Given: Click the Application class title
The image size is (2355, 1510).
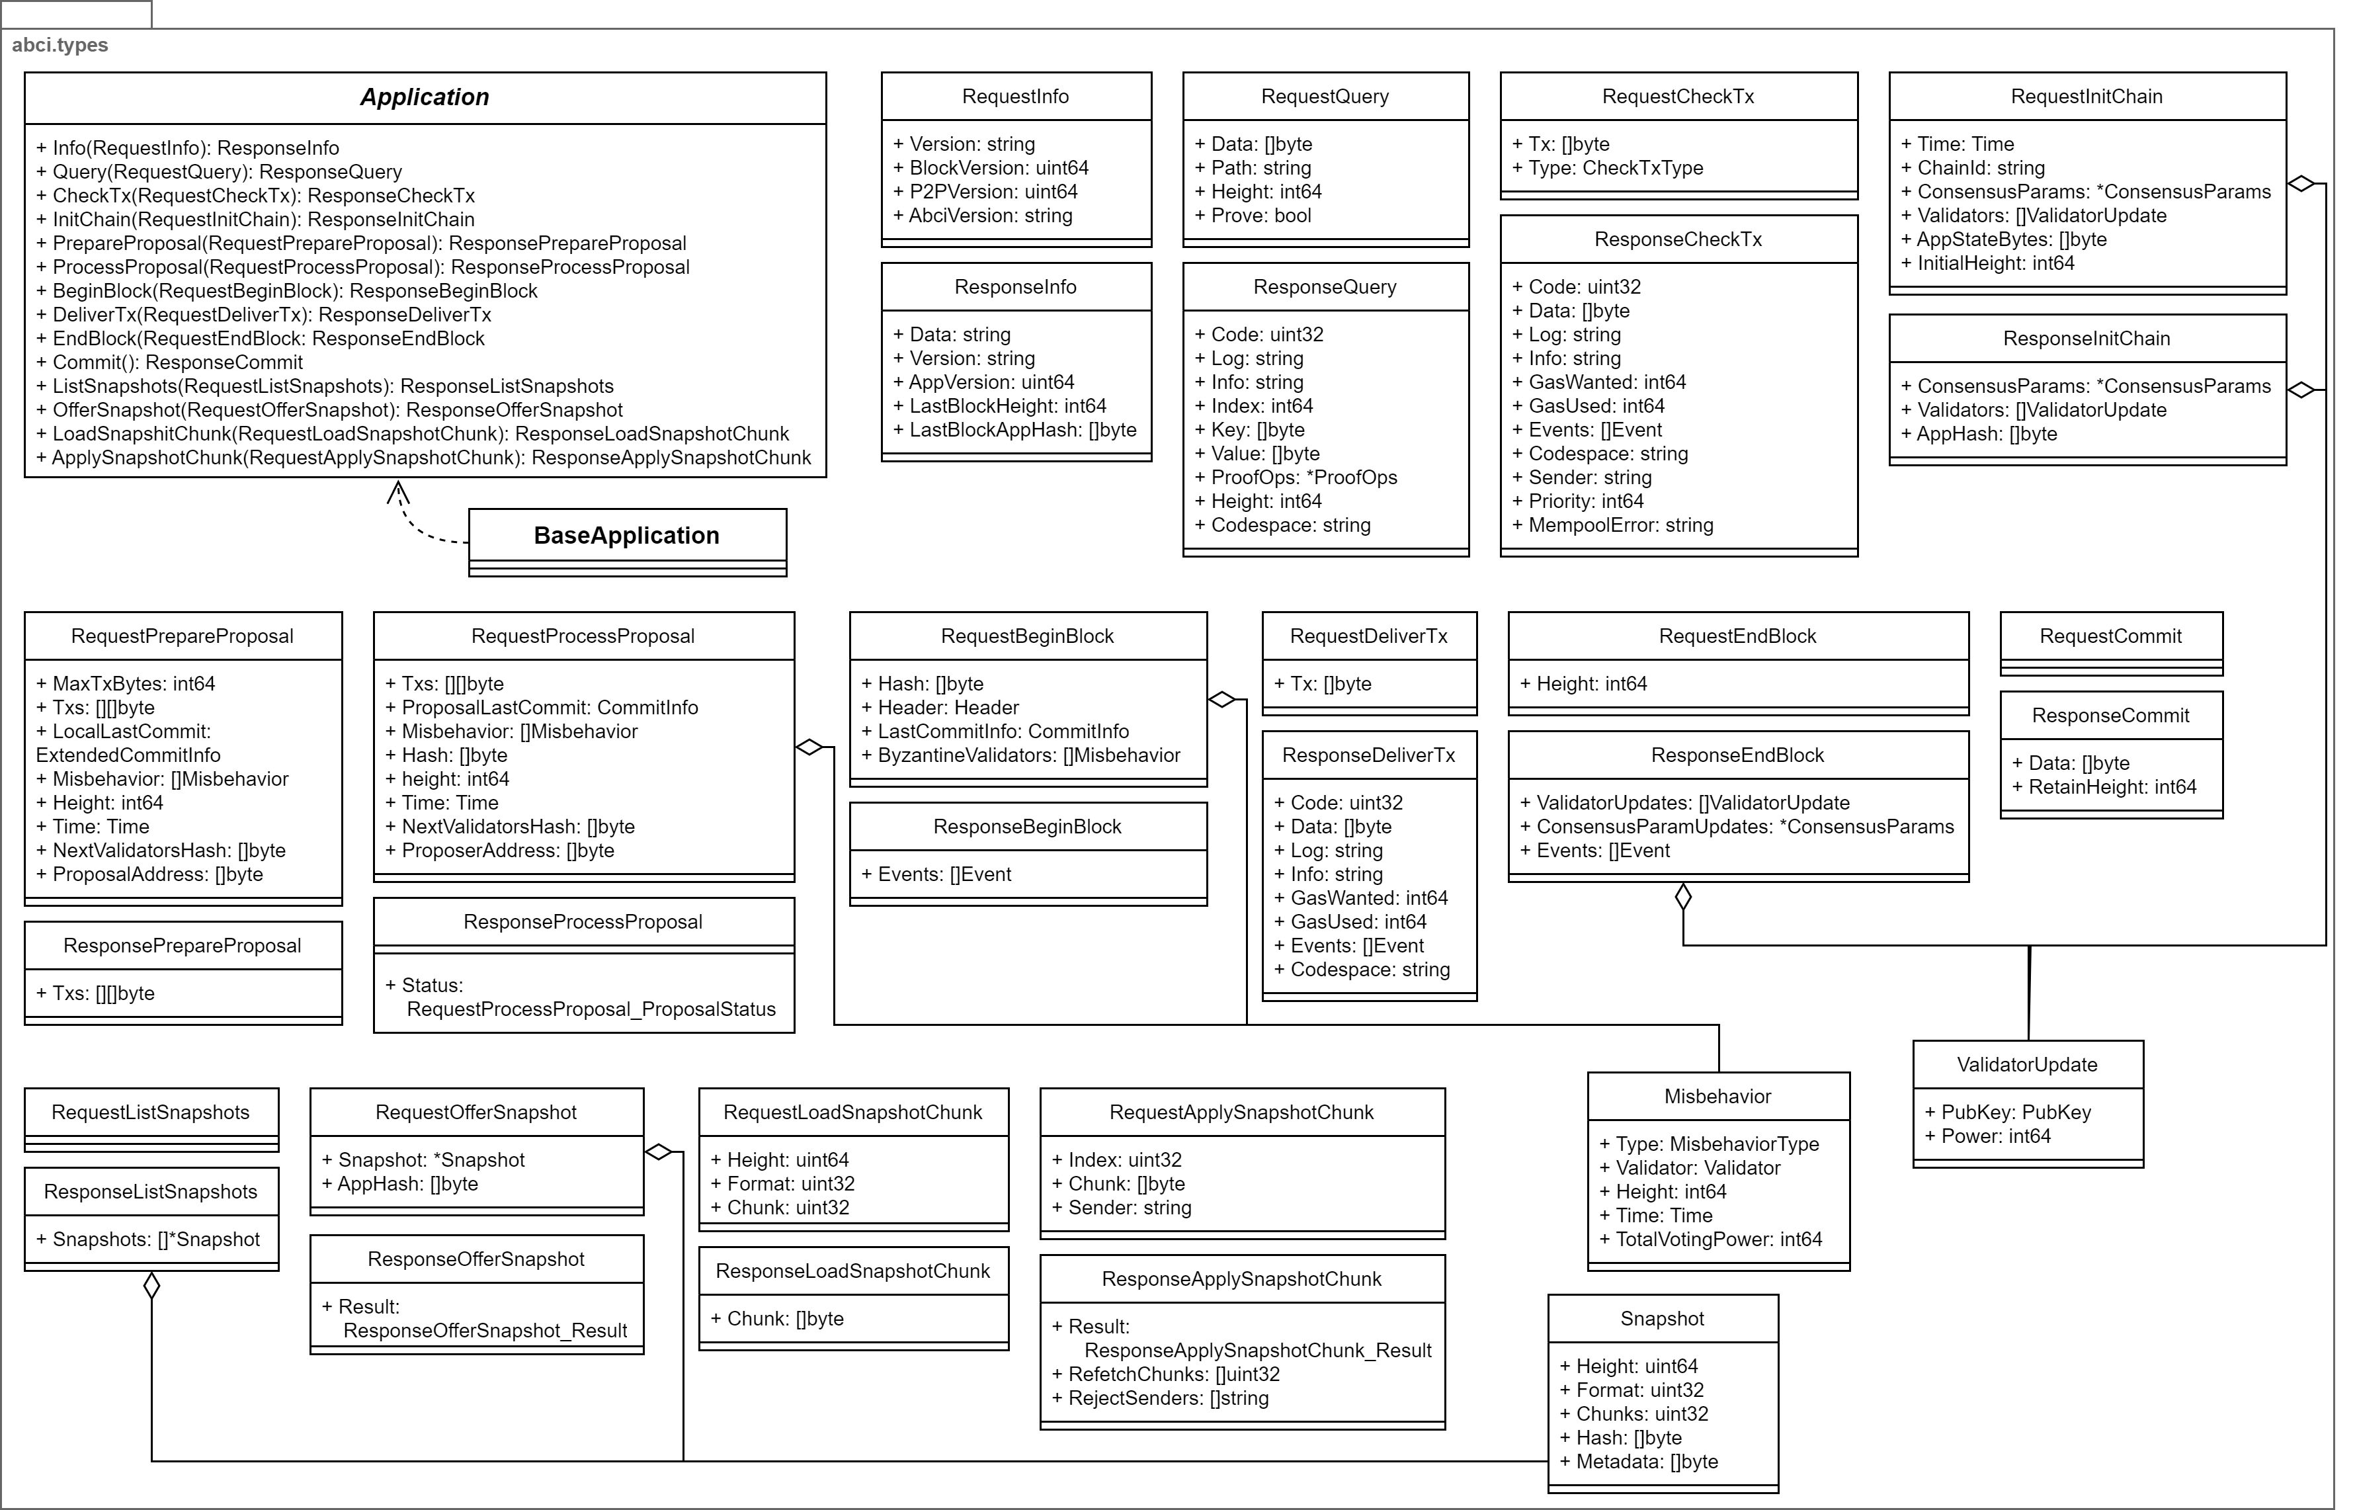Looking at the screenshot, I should pyautogui.click(x=425, y=97).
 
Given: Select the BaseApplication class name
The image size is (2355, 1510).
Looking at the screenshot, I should pyautogui.click(x=626, y=535).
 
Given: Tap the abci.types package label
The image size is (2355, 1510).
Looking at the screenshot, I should pyautogui.click(x=60, y=45).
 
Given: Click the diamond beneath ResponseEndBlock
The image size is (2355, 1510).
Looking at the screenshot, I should pyautogui.click(x=1683, y=896).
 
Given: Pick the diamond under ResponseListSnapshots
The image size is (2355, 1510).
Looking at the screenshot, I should pyautogui.click(x=152, y=1286).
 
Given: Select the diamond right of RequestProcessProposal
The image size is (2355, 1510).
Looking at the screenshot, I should pyautogui.click(x=809, y=747).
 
